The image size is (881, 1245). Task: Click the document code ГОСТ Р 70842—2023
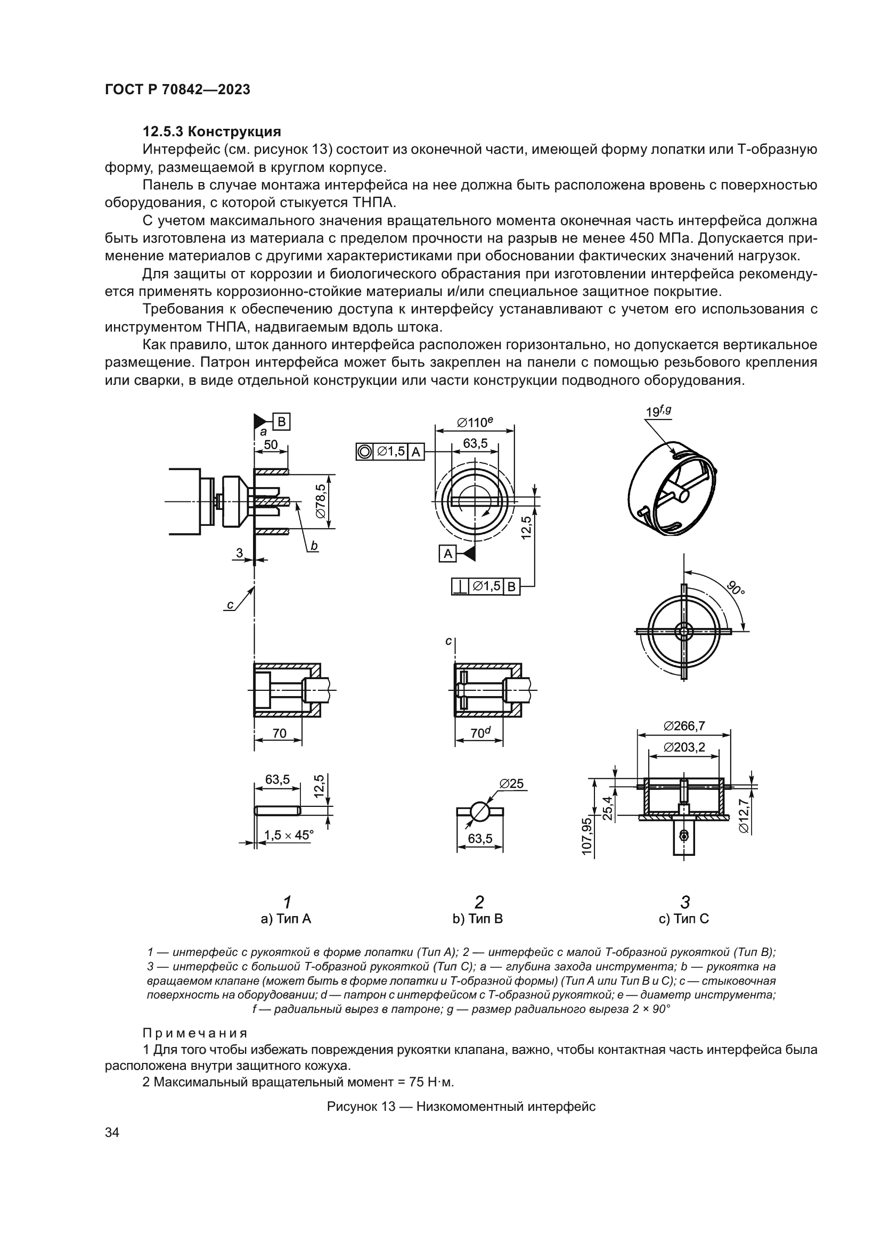coord(177,89)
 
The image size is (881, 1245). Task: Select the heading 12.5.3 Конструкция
coord(211,132)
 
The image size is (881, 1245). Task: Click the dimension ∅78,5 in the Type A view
coord(321,501)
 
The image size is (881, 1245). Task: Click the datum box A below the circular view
coord(447,554)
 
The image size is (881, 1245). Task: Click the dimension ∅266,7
coord(684,725)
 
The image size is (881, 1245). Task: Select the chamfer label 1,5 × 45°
coord(289,835)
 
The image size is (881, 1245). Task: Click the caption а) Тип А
coord(286,919)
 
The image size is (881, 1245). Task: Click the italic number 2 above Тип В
coord(478,902)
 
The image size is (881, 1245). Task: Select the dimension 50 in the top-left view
coord(270,444)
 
